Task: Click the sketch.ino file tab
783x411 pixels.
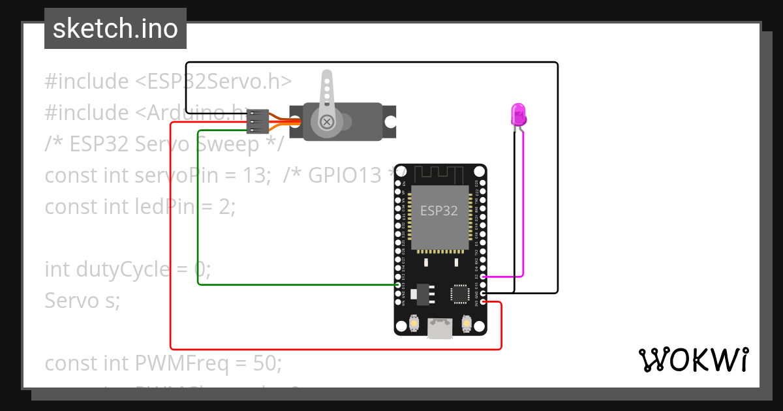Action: (115, 29)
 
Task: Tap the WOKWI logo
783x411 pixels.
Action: (692, 359)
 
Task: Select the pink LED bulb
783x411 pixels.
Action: (518, 114)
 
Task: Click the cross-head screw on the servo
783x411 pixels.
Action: (326, 121)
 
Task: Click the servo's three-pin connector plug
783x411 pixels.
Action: (258, 121)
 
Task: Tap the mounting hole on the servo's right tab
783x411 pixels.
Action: (390, 121)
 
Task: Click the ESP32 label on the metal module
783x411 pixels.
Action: (438, 210)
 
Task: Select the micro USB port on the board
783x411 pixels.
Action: (440, 328)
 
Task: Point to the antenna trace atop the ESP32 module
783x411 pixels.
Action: (440, 174)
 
